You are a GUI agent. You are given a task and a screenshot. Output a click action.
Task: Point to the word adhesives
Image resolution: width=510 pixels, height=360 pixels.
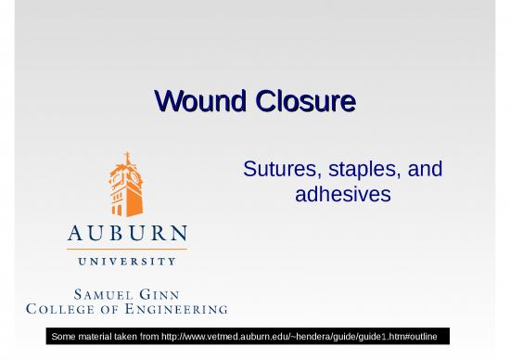[342, 196]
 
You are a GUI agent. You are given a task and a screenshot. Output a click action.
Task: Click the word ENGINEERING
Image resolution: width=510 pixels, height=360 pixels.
[176, 308]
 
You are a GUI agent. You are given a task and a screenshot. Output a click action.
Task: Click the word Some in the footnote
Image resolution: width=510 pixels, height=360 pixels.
[66, 334]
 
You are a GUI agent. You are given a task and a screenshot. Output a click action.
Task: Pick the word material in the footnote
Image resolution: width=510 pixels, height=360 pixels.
[101, 334]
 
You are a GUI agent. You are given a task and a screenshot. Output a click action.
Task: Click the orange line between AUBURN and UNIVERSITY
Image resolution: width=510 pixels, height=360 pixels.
[127, 248]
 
